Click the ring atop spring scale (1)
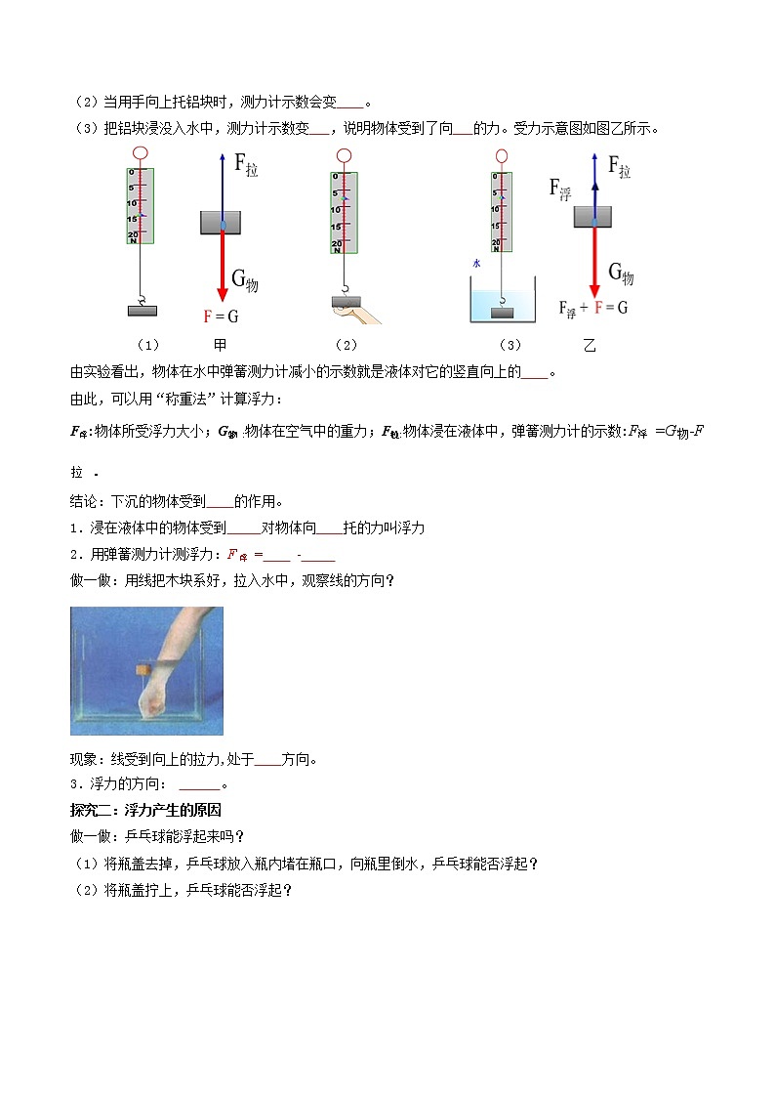coord(141,153)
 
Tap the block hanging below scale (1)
coord(143,311)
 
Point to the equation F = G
coord(221,316)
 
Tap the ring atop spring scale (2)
coord(343,155)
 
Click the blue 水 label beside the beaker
coord(476,264)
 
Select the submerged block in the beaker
coord(502,312)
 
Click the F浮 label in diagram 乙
coord(560,188)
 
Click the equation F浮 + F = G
coord(592,308)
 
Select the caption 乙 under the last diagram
coord(589,345)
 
